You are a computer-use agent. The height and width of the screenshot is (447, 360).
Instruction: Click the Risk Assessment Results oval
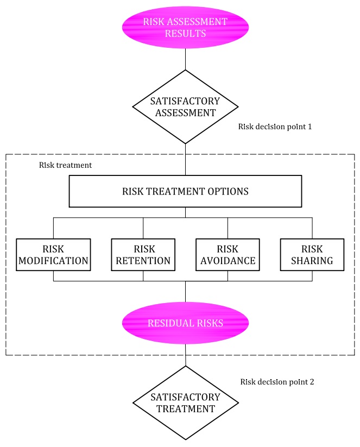point(185,27)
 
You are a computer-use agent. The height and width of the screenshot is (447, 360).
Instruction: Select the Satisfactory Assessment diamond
point(185,107)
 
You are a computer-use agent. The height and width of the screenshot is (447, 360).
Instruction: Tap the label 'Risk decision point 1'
point(275,127)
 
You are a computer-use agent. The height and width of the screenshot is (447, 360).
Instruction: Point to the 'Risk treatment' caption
point(65,165)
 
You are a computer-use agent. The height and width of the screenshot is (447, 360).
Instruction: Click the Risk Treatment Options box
point(185,191)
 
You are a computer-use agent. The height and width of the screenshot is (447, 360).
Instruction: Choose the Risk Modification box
point(53,255)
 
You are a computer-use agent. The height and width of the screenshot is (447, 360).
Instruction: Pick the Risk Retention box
point(143,255)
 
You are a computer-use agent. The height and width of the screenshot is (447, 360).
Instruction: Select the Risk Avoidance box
point(228,255)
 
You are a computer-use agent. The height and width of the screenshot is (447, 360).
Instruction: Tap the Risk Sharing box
point(312,255)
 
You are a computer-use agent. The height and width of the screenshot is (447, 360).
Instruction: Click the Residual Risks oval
point(185,323)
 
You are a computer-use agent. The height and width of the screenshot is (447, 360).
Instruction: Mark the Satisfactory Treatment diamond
point(186,403)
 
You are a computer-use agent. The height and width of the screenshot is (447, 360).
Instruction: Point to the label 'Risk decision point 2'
point(277,382)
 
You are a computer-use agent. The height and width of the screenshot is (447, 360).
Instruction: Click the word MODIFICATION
point(53,261)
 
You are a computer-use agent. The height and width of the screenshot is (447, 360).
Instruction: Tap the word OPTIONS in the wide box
point(228,191)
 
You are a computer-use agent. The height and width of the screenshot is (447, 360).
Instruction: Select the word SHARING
point(312,261)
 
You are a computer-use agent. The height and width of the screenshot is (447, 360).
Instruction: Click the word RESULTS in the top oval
point(185,33)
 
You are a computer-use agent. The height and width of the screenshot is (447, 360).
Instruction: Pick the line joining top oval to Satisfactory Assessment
point(185,59)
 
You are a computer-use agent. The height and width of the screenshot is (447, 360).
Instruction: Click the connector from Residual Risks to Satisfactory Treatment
point(186,355)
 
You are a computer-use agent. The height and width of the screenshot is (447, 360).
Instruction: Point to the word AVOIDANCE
point(228,261)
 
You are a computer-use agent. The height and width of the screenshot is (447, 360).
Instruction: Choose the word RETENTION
point(143,261)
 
